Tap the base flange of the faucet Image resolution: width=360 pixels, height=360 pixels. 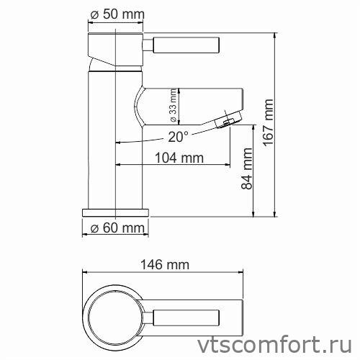115,213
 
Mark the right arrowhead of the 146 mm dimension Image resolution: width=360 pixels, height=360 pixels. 252,273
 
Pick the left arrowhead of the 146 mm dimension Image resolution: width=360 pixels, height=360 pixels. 83,273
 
